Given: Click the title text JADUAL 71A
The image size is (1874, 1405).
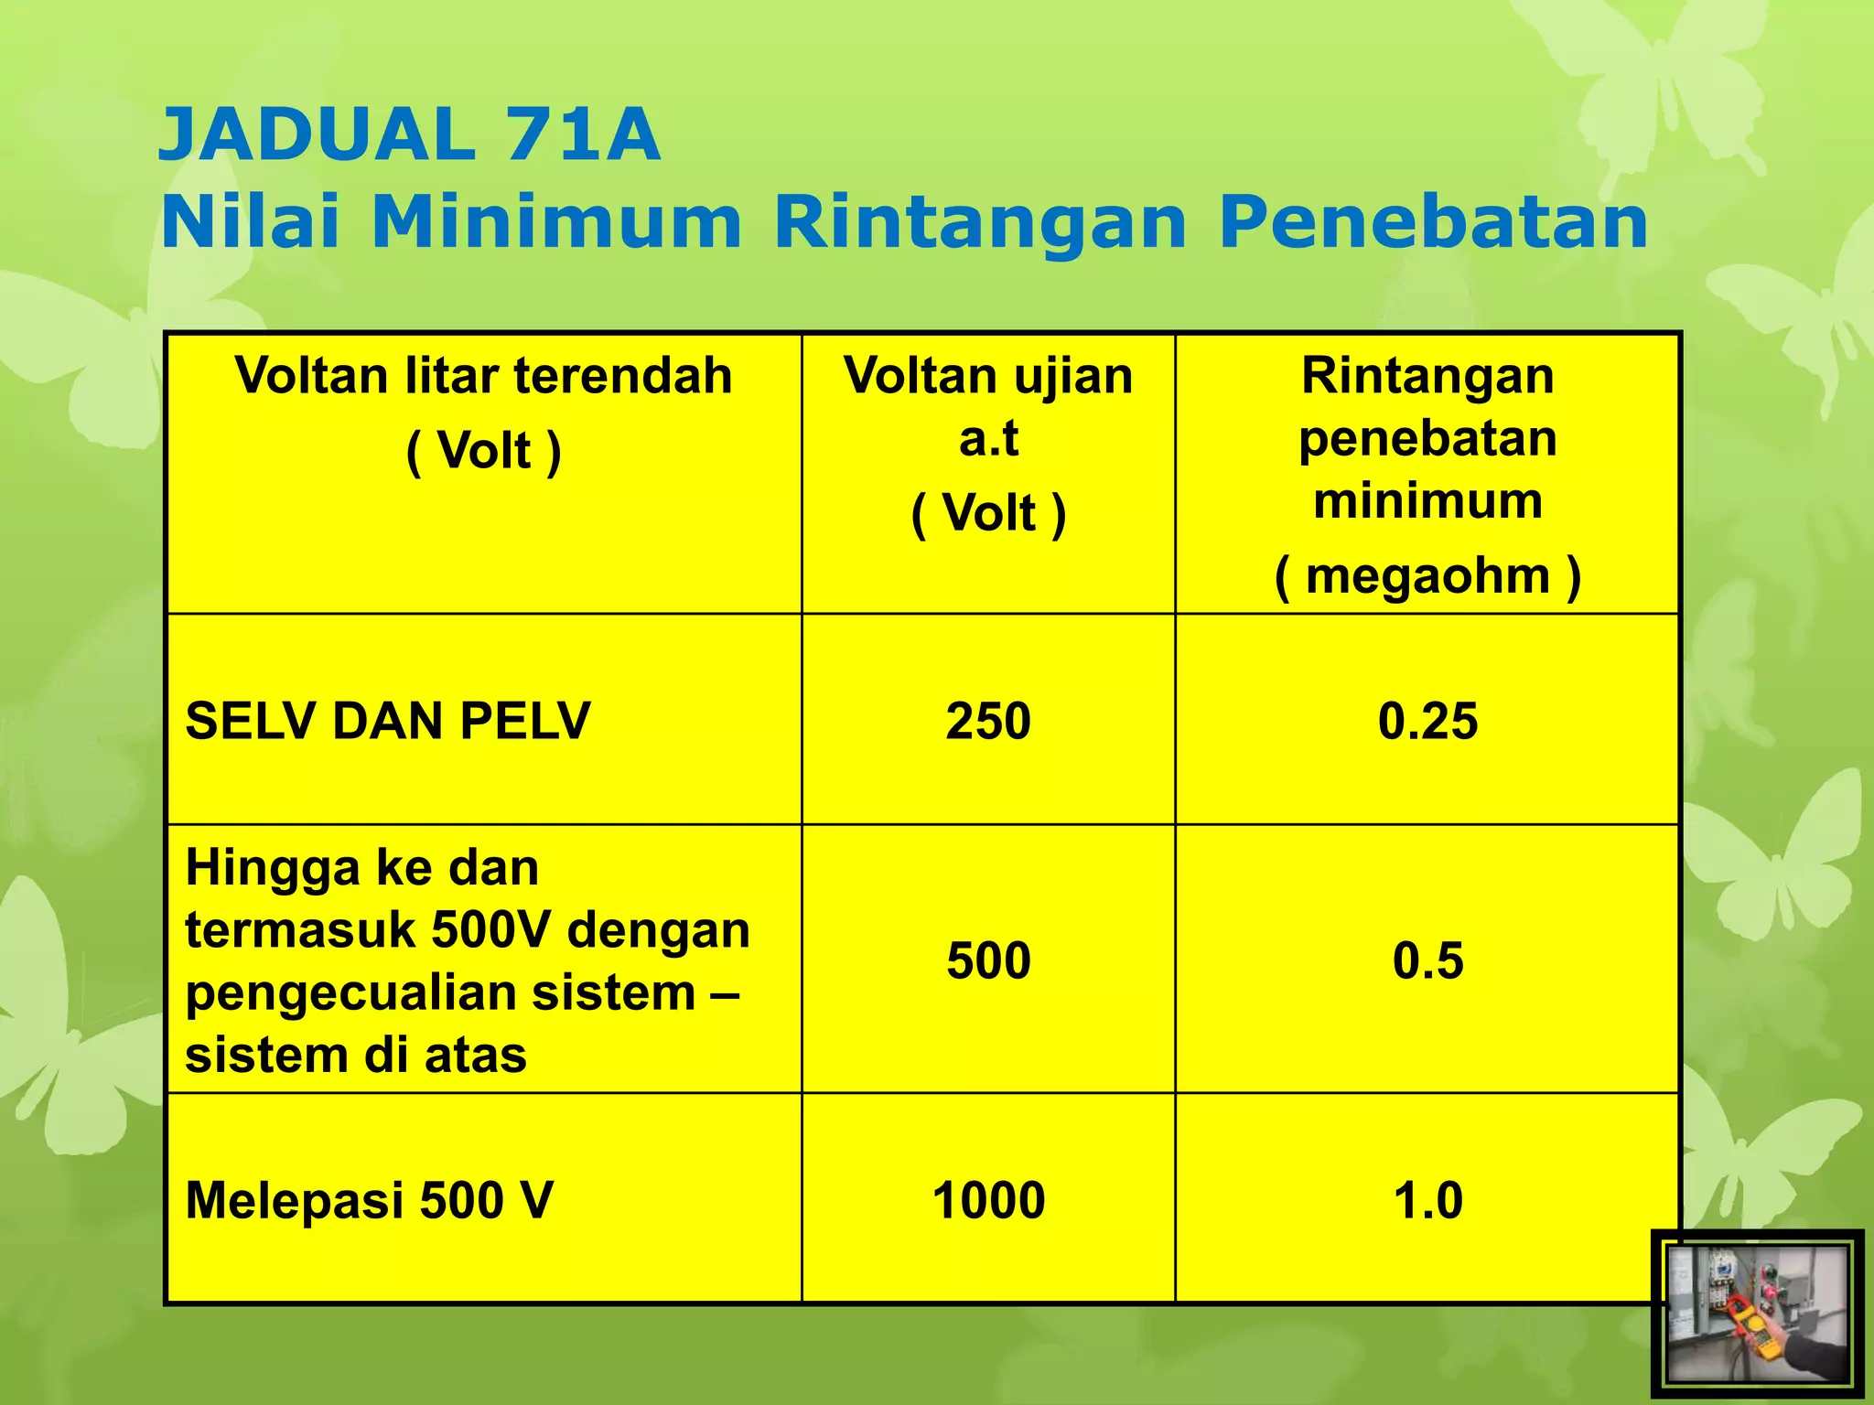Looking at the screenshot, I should [x=409, y=134].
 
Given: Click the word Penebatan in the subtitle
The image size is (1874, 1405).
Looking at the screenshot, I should [x=1433, y=222].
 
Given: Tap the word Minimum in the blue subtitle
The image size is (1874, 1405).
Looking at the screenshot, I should [x=556, y=222].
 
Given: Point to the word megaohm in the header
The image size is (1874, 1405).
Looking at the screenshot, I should [x=1427, y=576].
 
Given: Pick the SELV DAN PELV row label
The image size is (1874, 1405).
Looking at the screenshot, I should [x=388, y=721].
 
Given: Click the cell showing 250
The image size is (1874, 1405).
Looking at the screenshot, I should [x=988, y=721].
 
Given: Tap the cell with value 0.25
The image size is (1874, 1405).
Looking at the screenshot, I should [x=1427, y=721].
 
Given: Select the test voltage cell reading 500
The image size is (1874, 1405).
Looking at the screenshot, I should [x=988, y=960].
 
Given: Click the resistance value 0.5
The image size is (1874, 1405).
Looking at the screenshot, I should [x=1427, y=960].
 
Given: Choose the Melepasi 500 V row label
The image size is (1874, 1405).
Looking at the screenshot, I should [x=369, y=1200].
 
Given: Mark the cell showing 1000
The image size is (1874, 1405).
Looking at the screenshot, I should [x=988, y=1200].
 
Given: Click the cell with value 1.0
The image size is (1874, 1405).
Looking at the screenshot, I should [x=1427, y=1200].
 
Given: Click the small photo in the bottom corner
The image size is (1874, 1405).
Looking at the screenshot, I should [x=1757, y=1314].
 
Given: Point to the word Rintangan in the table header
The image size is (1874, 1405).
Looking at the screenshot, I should [x=1427, y=376].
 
